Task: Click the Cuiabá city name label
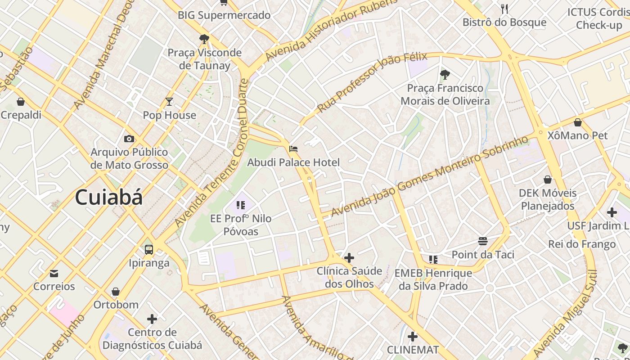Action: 108,198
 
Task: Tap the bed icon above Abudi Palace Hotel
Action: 293,148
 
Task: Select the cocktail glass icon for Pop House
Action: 169,102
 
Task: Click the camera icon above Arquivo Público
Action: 129,139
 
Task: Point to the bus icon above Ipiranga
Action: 149,249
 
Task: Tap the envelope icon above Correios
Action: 54,273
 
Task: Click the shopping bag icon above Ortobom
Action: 116,292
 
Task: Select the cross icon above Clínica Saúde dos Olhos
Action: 349,258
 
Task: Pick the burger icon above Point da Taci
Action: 483,241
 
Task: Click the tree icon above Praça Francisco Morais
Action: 445,75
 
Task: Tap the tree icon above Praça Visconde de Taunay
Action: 204,39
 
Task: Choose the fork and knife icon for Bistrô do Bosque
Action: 504,9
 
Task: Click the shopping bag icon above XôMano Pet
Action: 578,122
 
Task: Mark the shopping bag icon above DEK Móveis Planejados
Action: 548,180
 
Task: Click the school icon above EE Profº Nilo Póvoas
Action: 241,206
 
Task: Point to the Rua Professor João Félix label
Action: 372,82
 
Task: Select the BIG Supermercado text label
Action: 224,15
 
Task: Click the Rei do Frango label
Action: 582,244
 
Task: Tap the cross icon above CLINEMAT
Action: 413,337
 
